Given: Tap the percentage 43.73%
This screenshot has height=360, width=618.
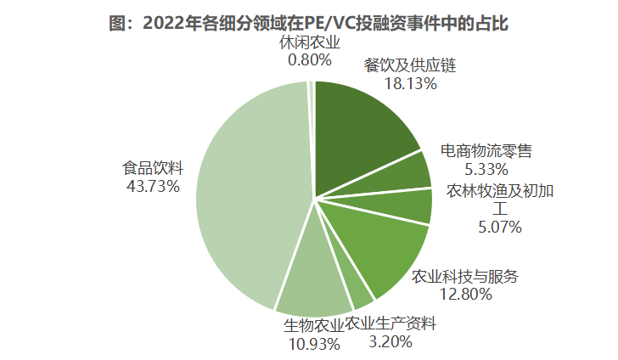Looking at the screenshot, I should pos(153,185).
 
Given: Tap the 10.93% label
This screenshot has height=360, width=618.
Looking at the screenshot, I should pos(312,343).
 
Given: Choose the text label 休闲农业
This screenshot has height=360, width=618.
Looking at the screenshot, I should pos(311,42).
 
